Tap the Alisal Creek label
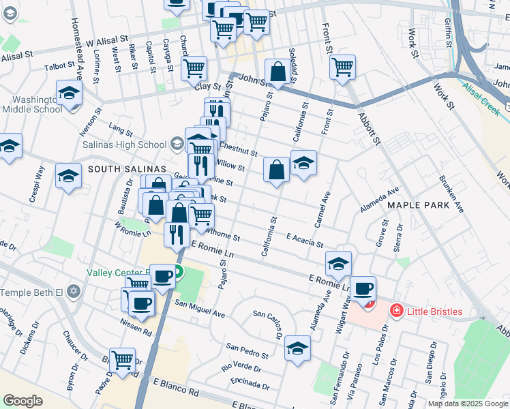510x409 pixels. pyautogui.click(x=481, y=93)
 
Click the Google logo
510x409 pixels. pyautogui.click(x=22, y=401)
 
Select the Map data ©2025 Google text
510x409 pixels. pyautogui.click(x=468, y=404)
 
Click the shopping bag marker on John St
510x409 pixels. pyautogui.click(x=278, y=71)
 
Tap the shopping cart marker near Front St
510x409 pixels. pyautogui.click(x=342, y=67)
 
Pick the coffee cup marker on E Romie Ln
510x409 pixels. pyautogui.click(x=363, y=288)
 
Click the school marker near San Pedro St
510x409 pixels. pyautogui.click(x=298, y=348)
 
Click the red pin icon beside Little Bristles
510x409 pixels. pyautogui.click(x=395, y=312)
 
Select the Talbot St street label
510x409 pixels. pyautogui.click(x=59, y=66)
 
